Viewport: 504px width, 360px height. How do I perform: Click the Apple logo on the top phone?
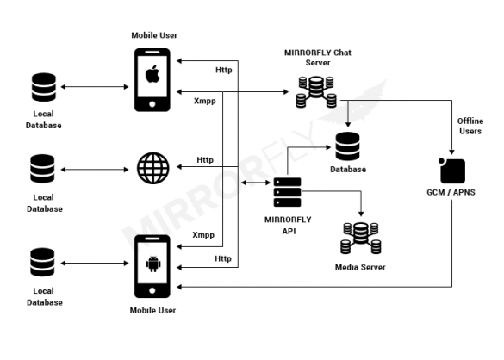pos(152,75)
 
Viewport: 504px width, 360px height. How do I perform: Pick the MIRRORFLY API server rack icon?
pos(285,190)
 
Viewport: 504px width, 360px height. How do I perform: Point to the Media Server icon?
pos(359,239)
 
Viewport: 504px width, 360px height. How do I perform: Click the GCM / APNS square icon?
pos(451,170)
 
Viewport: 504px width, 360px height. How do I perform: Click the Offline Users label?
pos(469,126)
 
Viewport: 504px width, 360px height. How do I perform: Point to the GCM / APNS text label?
pos(451,194)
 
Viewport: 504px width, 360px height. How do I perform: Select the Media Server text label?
pos(359,267)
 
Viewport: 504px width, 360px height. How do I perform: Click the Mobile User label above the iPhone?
pos(155,34)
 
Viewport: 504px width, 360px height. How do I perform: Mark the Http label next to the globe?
pos(205,159)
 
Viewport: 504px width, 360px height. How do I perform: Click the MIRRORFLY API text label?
pos(285,224)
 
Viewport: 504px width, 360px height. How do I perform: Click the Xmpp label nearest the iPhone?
pos(203,101)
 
